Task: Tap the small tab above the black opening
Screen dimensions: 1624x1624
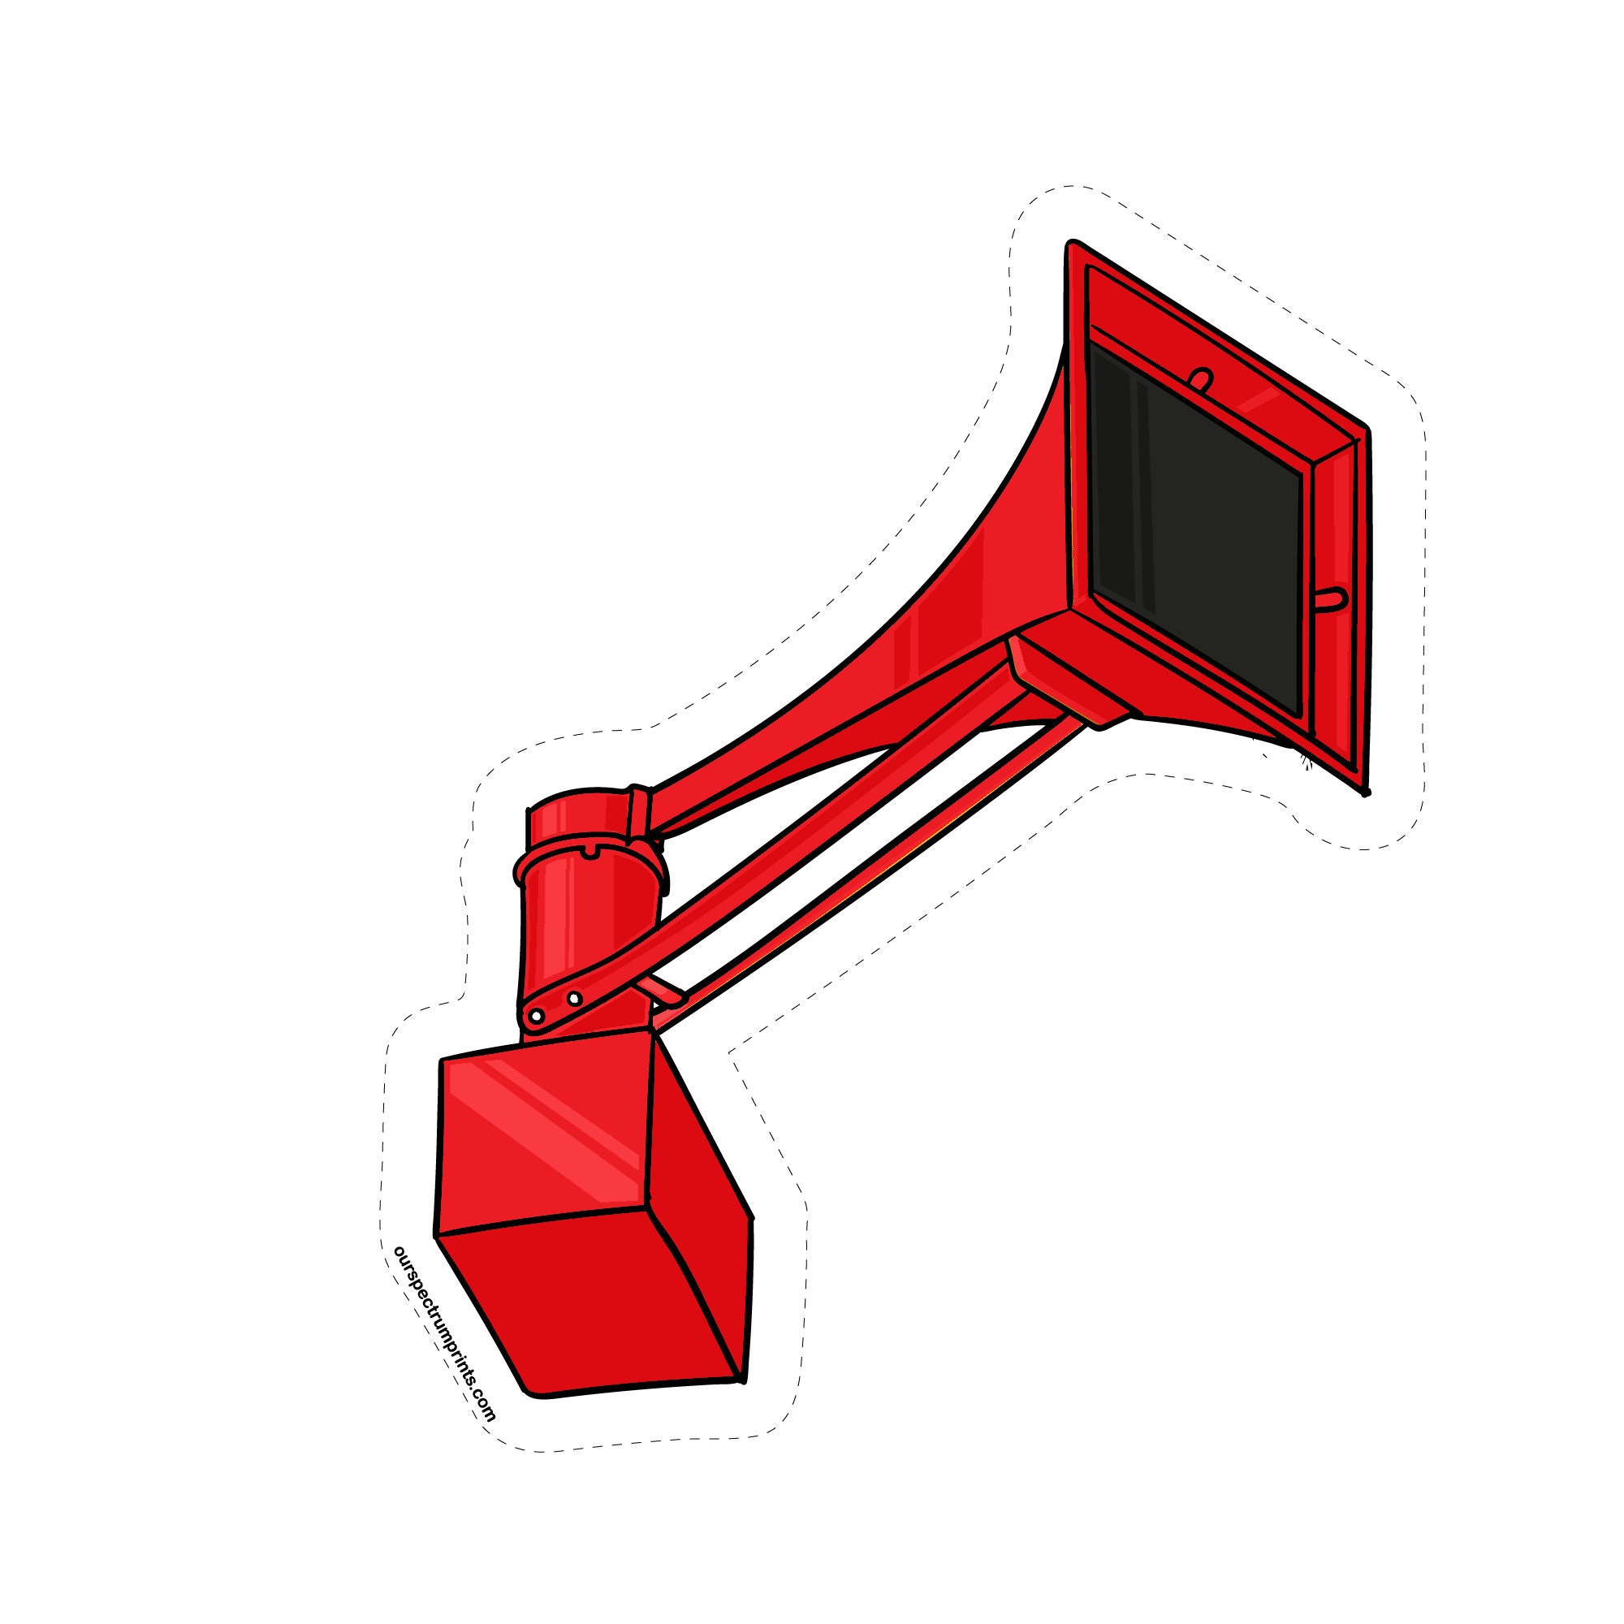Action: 1203,379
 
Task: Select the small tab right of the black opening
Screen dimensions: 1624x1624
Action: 1330,598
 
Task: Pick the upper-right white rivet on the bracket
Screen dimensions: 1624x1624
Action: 574,999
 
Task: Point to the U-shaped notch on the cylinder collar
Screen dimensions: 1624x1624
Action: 592,853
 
